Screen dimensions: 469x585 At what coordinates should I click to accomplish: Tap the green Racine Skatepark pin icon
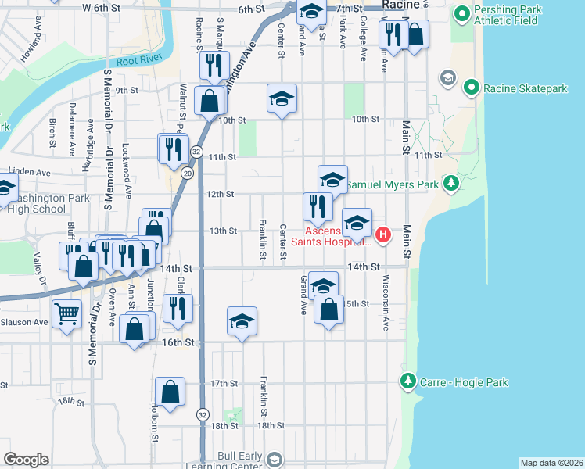(471, 88)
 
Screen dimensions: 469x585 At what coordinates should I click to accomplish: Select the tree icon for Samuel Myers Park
(450, 184)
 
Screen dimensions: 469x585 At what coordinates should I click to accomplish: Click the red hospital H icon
(383, 234)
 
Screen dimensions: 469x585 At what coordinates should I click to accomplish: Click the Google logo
(26, 460)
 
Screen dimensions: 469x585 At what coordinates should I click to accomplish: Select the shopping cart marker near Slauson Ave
(66, 314)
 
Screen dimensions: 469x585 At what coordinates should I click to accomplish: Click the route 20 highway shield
(188, 172)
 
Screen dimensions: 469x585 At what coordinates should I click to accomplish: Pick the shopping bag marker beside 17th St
(170, 392)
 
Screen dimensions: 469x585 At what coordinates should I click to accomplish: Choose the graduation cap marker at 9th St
(282, 98)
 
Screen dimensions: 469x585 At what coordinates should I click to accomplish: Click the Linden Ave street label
(29, 172)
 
